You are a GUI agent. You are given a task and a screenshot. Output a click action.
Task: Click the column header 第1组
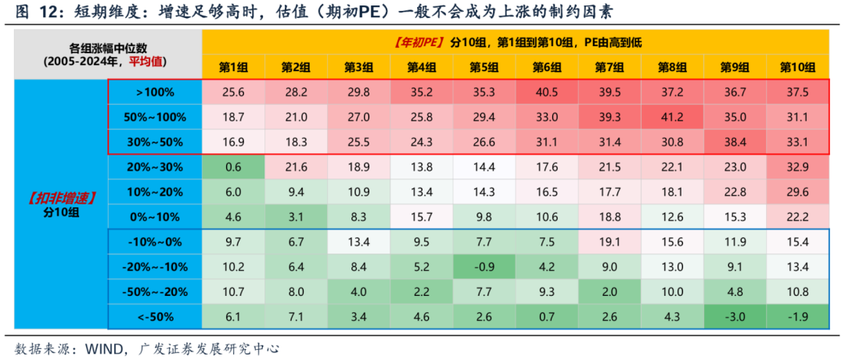pos(233,67)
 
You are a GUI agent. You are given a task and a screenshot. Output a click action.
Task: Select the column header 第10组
pos(797,67)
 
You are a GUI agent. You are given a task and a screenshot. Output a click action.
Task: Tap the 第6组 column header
pos(547,67)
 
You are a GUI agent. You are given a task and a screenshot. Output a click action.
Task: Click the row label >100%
pos(155,92)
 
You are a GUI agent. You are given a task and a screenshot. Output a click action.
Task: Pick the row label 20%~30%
pos(155,167)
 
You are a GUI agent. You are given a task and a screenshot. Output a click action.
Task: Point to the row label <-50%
pos(155,316)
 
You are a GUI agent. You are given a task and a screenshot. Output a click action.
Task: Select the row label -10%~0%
pos(155,242)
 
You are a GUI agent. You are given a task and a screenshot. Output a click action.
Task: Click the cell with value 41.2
pos(672,117)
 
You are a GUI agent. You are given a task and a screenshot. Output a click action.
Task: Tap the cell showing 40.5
pos(547,92)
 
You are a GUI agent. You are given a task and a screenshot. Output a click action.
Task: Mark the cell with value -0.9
pos(484,266)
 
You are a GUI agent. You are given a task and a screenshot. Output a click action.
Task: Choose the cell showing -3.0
pos(735,316)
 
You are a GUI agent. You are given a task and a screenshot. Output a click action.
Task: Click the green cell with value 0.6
pos(233,167)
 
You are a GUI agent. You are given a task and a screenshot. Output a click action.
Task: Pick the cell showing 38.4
pos(735,142)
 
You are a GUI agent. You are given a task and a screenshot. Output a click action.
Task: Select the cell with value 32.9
pos(797,167)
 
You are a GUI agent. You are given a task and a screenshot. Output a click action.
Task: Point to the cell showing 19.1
pos(609,242)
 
